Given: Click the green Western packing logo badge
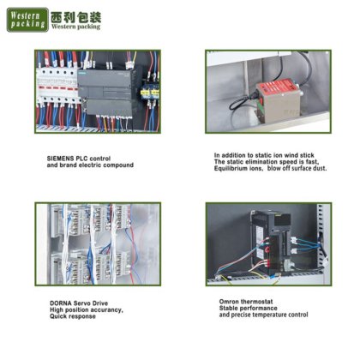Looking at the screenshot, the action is (27, 20).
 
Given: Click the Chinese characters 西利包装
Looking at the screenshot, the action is (76, 17).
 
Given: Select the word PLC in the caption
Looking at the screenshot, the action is (81, 159).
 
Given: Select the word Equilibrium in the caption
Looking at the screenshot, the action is (231, 169).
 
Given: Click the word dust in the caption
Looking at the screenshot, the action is (320, 169).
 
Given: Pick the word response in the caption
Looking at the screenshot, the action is (84, 316).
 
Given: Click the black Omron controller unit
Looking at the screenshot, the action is (272, 242).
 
